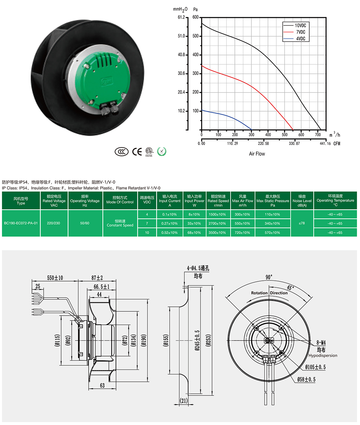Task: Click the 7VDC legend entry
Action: [295, 32]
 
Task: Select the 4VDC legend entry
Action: [295, 39]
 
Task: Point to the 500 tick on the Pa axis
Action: [195, 36]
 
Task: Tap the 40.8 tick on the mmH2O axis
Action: [181, 55]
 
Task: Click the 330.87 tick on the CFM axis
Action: [294, 143]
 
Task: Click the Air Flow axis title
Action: [257, 154]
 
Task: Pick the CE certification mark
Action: [137, 152]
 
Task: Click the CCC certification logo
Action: [122, 152]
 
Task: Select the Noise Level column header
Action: [302, 201]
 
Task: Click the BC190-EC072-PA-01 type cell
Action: [21, 223]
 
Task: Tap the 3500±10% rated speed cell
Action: [217, 233]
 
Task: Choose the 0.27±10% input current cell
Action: [169, 223]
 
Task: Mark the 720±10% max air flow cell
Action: [243, 233]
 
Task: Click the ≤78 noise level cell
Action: [302, 223]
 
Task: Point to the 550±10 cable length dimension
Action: [55, 278]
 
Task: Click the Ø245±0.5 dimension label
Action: [197, 340]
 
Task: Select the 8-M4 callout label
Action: [321, 343]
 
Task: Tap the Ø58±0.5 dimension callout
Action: [306, 379]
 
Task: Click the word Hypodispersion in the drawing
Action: [323, 355]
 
